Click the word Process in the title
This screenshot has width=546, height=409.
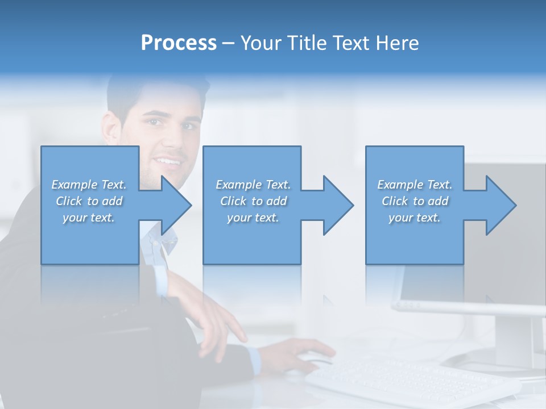point(179,43)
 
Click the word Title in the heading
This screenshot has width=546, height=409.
point(306,43)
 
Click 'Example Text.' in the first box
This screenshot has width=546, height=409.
point(89,185)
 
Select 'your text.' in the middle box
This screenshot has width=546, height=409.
point(253,218)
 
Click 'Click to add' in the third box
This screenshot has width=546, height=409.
point(415,201)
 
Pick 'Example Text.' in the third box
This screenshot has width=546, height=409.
point(415,185)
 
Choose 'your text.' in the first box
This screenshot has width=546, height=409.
point(89,218)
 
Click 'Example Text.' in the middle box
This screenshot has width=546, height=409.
point(253,185)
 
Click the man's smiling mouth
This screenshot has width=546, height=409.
point(169,161)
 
